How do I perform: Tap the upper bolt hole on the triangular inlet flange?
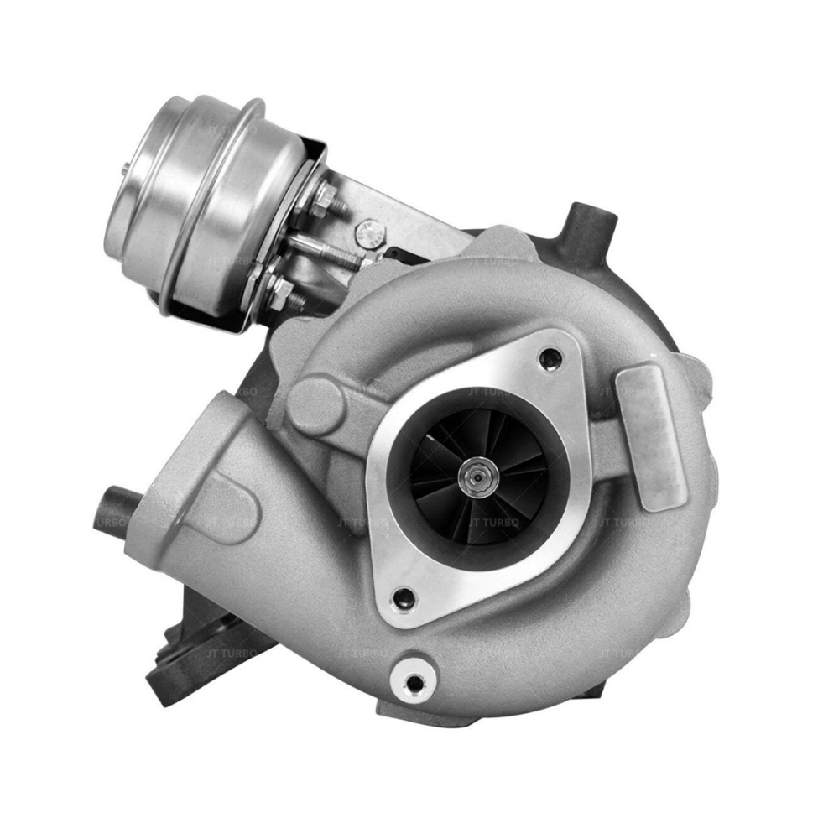(550, 359)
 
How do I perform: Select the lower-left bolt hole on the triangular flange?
(404, 599)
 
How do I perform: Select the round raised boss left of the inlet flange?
(315, 404)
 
